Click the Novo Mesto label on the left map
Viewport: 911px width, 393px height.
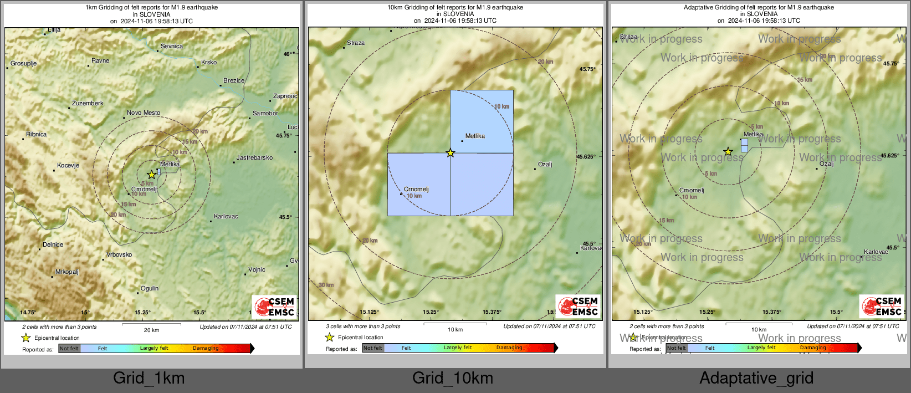tap(143, 113)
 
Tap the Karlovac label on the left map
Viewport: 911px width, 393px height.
tap(226, 217)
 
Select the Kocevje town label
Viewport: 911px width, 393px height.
tap(68, 166)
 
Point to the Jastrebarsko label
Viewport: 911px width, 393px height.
tap(254, 158)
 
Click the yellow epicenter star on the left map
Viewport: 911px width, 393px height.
tap(151, 175)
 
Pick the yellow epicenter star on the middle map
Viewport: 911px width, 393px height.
tap(451, 153)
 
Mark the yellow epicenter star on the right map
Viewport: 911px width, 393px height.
tap(728, 152)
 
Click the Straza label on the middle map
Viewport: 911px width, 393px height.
tap(356, 43)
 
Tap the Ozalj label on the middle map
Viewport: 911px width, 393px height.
tap(545, 165)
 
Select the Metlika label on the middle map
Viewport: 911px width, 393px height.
tap(475, 136)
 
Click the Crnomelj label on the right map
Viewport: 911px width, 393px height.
tap(692, 191)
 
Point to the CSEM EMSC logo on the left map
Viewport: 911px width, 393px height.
tap(274, 307)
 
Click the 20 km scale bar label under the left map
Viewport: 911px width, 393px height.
tap(151, 330)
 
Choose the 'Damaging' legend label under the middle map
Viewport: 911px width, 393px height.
tap(509, 348)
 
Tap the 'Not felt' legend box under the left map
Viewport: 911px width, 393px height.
tap(69, 349)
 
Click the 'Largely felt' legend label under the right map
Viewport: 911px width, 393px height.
tap(761, 348)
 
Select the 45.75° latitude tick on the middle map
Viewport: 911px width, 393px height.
tap(587, 69)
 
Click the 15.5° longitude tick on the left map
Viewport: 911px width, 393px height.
tap(199, 313)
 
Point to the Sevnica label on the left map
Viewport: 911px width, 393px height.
tap(171, 47)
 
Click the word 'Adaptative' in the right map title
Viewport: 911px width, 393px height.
tap(699, 8)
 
